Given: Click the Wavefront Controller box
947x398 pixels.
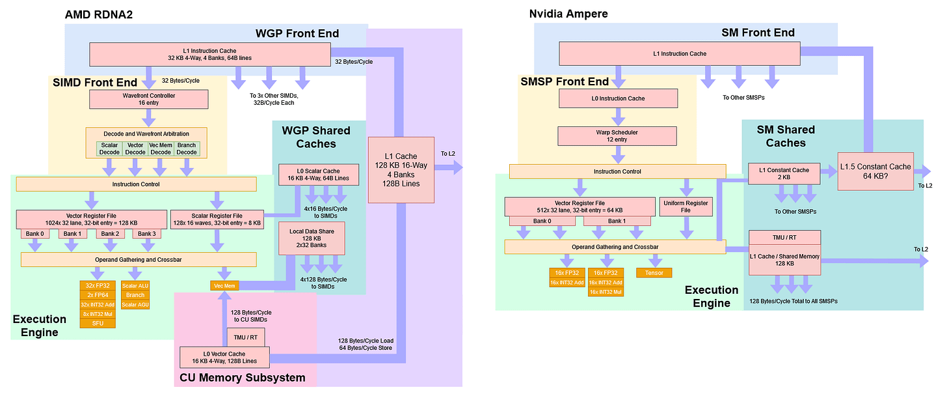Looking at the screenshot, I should [148, 99].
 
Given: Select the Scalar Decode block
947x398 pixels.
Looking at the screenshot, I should [109, 149].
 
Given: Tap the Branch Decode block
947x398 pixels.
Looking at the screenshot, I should [187, 149].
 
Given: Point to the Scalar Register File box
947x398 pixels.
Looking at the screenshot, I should [216, 219].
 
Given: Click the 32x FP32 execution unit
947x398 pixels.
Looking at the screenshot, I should [98, 285].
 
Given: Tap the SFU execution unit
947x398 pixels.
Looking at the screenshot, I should [98, 323].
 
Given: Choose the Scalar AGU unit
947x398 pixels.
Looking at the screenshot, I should [135, 304].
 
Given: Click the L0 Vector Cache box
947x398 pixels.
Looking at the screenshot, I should [224, 356].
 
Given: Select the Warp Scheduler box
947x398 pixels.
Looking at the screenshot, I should [619, 136].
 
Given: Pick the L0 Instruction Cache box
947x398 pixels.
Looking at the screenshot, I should [619, 99].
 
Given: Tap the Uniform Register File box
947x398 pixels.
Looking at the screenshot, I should [685, 206].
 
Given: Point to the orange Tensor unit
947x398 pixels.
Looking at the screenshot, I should [654, 272].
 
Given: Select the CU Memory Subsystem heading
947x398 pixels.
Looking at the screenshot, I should [242, 377].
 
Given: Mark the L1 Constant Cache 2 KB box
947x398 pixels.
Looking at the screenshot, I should [783, 173].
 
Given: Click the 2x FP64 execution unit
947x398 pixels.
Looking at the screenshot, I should [98, 295].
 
